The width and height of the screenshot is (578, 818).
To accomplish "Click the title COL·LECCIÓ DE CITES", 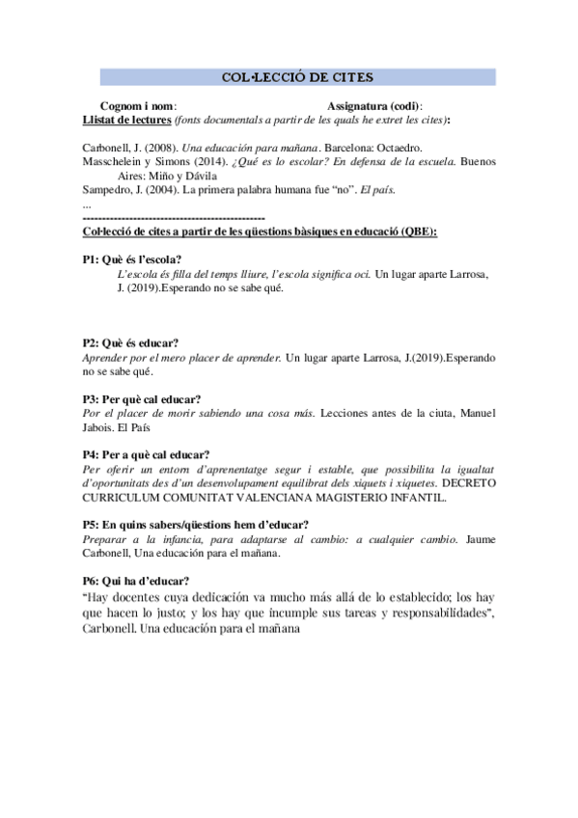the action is (297, 77).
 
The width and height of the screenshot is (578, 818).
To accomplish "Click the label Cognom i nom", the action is (137, 105).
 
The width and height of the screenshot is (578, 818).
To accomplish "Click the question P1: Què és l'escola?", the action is (132, 259).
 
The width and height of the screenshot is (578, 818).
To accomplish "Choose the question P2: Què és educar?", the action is (130, 343).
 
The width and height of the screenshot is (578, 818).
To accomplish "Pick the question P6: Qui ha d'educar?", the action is (136, 581).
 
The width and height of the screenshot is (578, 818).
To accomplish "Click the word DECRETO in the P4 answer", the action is (467, 482).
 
